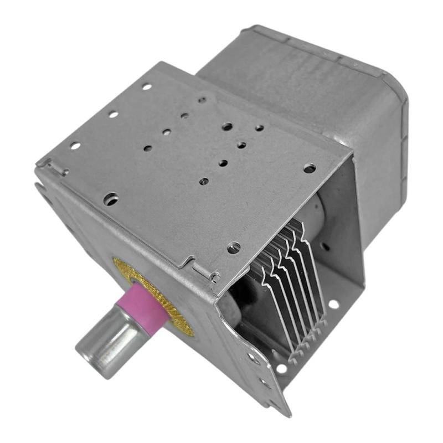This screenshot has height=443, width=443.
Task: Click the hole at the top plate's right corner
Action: pyautogui.click(x=310, y=168)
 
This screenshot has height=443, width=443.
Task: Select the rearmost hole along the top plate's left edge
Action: pyautogui.click(x=146, y=86)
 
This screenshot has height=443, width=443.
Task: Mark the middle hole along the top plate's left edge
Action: pyautogui.click(x=113, y=114)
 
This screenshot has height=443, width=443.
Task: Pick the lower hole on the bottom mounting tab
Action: pyautogui.click(x=265, y=382)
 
